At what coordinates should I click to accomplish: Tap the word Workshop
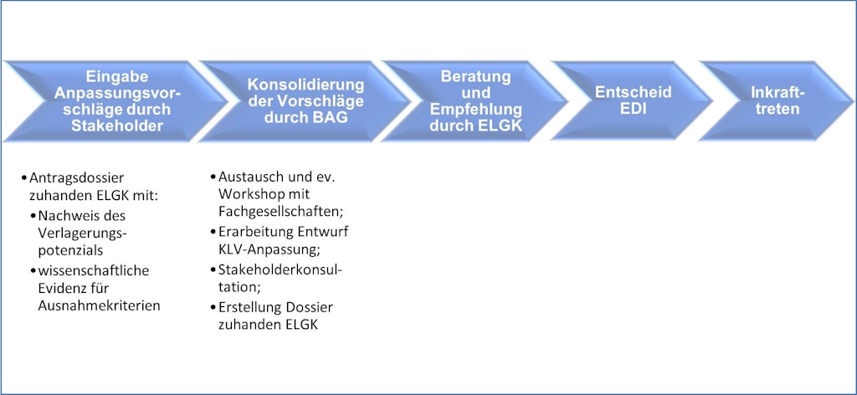pos(247,195)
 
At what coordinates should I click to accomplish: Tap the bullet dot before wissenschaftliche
pos(33,269)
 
